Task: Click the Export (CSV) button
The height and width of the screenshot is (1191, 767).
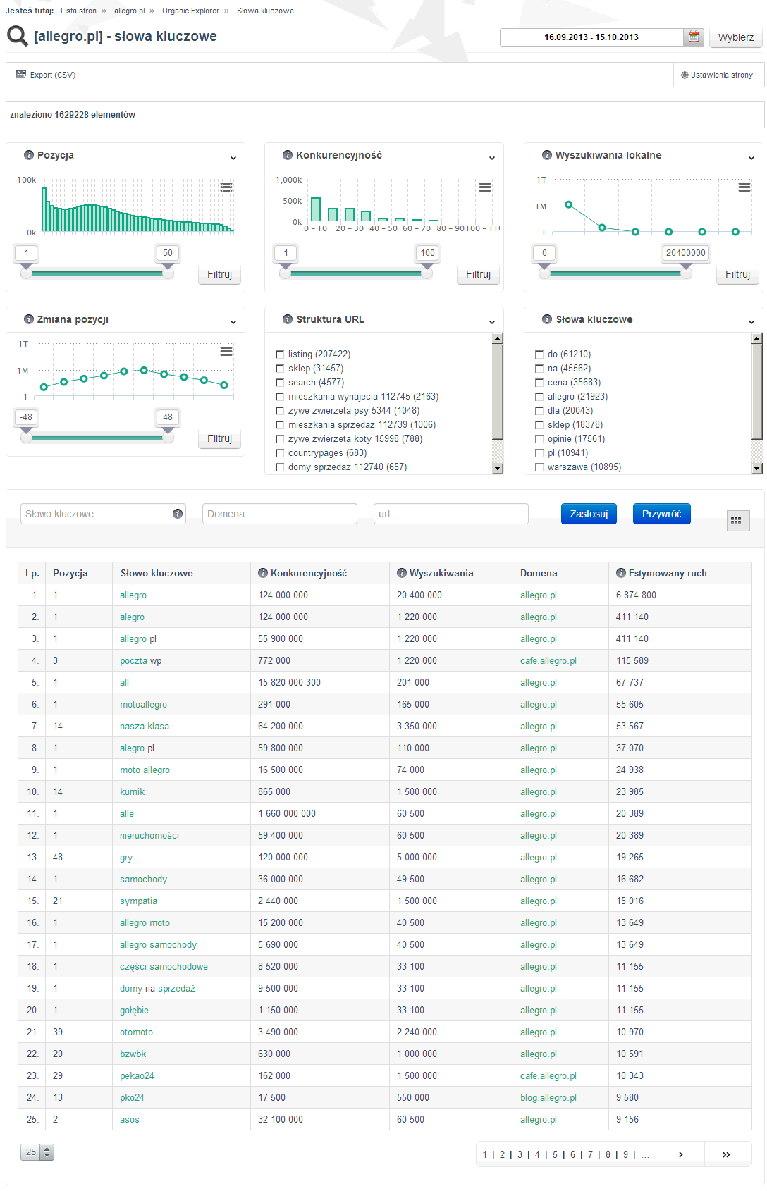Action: point(47,75)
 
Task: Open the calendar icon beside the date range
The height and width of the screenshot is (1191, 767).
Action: point(693,37)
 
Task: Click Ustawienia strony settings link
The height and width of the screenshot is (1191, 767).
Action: point(717,75)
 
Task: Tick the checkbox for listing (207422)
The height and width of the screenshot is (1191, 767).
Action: point(280,354)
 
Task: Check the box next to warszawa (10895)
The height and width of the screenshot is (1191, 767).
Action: point(539,467)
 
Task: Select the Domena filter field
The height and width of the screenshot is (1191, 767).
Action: point(280,514)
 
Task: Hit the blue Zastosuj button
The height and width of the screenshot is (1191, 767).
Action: point(589,514)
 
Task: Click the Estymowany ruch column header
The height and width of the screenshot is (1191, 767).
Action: point(662,573)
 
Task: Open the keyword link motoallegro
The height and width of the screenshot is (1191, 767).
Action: point(144,705)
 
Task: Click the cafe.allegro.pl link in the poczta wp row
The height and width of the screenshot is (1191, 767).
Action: point(548,661)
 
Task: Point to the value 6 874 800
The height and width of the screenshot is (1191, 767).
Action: point(636,595)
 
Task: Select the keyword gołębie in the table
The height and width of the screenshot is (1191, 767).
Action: point(134,1010)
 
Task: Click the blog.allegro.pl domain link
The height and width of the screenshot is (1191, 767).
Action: point(548,1097)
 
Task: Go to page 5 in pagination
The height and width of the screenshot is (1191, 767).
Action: point(556,1154)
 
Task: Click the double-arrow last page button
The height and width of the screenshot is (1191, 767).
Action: point(727,1154)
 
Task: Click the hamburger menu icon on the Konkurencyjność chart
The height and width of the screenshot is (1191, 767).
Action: point(485,187)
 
